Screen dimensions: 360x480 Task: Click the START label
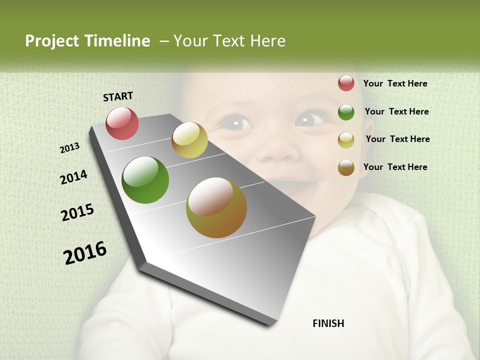(118, 96)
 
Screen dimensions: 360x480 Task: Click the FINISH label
(328, 323)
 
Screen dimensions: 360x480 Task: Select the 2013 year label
(70, 148)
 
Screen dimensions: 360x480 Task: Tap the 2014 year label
(74, 177)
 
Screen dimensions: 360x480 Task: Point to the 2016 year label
(85, 253)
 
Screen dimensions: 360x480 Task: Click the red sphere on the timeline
(122, 123)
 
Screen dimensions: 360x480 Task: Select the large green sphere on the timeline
(145, 180)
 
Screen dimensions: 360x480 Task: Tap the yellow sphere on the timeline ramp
(189, 140)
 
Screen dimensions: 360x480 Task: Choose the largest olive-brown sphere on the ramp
(216, 207)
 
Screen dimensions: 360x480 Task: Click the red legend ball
(346, 83)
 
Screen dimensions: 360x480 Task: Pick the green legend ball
(346, 112)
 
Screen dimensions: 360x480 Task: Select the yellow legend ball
(346, 140)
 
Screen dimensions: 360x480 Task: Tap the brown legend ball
(346, 167)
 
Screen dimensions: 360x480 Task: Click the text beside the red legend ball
(395, 83)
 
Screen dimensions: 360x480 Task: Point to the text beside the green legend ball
(396, 111)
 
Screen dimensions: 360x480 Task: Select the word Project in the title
(52, 41)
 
